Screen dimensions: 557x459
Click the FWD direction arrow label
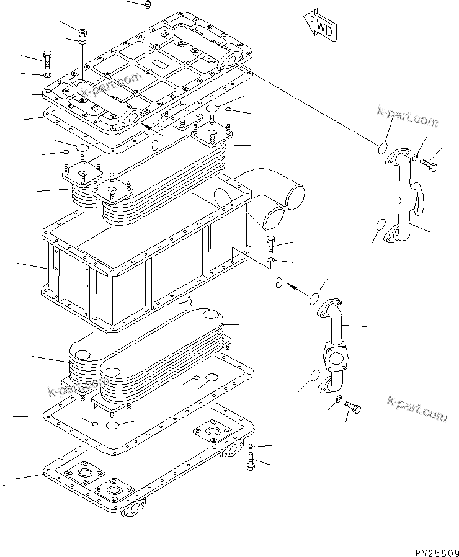pyautogui.click(x=319, y=25)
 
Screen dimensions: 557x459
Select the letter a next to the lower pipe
pyautogui.click(x=280, y=283)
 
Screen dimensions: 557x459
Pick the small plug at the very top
pyautogui.click(x=148, y=6)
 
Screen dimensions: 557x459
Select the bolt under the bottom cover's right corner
pyautogui.click(x=251, y=461)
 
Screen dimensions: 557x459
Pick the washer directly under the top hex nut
pyautogui.click(x=83, y=42)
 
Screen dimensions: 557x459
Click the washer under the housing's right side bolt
pyautogui.click(x=271, y=258)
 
